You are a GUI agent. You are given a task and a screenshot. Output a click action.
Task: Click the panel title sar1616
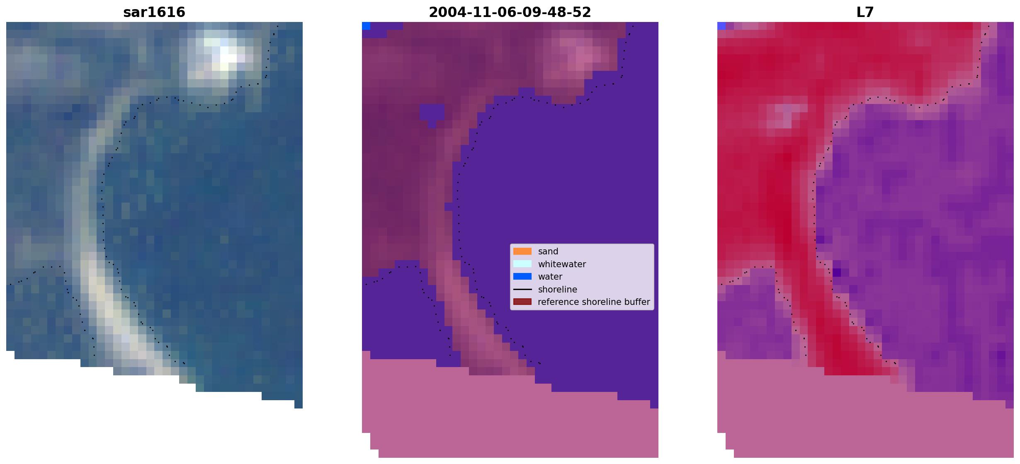pos(154,12)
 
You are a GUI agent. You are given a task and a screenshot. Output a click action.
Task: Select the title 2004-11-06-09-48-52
pos(510,12)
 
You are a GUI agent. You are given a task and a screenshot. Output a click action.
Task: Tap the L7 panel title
pos(865,12)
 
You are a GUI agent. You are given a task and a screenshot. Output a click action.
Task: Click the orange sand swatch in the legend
pos(522,251)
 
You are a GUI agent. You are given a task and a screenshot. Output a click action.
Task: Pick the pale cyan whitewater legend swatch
pos(522,264)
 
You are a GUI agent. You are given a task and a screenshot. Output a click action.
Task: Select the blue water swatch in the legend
pos(522,276)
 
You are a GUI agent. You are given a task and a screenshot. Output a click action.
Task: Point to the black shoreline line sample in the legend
pos(522,289)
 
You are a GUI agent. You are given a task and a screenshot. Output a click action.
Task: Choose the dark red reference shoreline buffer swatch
pos(522,302)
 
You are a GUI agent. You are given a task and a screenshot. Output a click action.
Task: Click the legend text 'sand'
pos(548,251)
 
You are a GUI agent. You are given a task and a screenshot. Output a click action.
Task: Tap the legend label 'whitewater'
pos(562,264)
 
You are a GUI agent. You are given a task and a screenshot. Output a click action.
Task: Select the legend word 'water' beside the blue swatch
pos(550,277)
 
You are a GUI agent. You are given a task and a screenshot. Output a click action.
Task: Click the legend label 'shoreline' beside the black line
pos(558,290)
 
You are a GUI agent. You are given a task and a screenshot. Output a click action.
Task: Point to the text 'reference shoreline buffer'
pos(594,302)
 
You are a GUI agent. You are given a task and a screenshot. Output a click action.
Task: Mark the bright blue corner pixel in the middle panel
pos(366,26)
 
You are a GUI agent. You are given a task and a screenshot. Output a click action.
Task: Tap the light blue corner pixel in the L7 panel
pos(721,26)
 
